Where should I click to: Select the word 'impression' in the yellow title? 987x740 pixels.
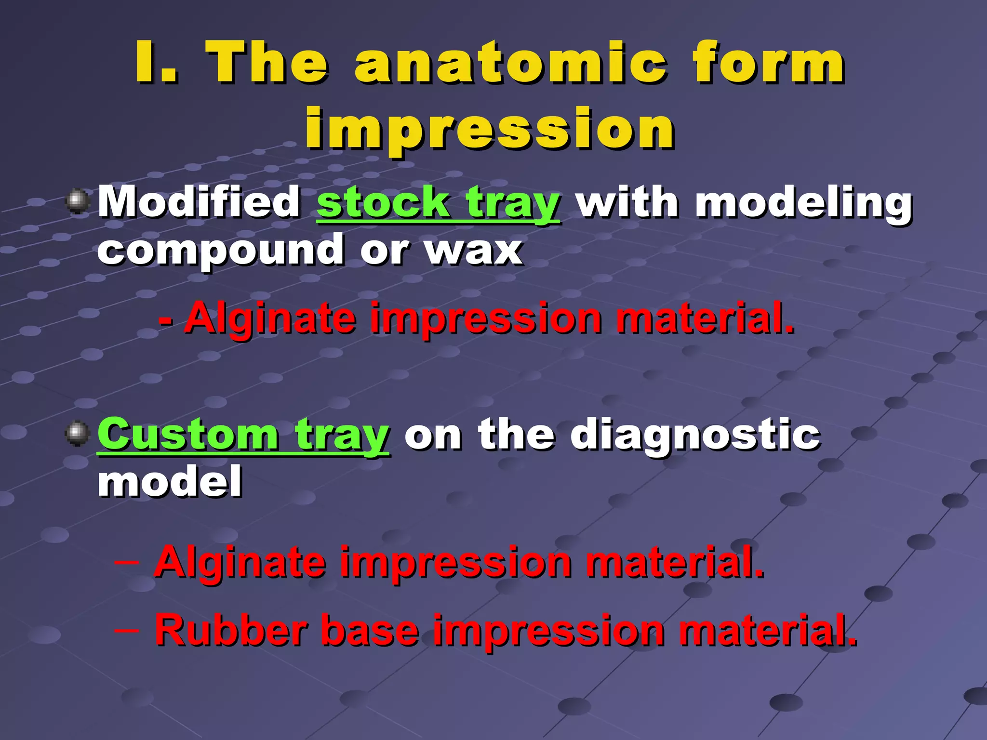489,129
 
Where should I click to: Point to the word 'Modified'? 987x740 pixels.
200,202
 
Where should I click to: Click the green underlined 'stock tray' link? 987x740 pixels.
438,203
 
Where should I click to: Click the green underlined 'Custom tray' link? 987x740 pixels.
243,435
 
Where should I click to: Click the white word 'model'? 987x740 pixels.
170,482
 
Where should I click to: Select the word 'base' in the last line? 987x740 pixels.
370,630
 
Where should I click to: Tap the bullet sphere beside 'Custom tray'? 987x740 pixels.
78,434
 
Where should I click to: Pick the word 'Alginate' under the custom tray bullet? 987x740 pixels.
240,562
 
